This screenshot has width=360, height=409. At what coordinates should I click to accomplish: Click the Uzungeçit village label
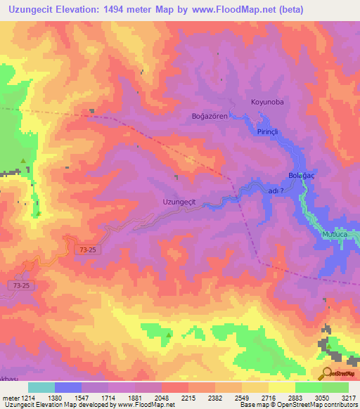pos(179,202)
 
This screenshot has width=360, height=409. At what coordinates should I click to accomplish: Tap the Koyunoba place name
pos(267,102)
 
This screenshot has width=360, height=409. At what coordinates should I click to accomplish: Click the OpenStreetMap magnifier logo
pos(326,373)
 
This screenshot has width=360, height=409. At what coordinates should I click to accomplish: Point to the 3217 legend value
pos(347,398)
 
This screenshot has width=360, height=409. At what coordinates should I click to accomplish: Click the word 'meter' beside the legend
pos(9,398)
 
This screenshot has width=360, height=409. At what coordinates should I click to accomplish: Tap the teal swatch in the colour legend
pos(41,387)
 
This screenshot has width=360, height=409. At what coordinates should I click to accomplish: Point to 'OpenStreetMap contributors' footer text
pos(319,405)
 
